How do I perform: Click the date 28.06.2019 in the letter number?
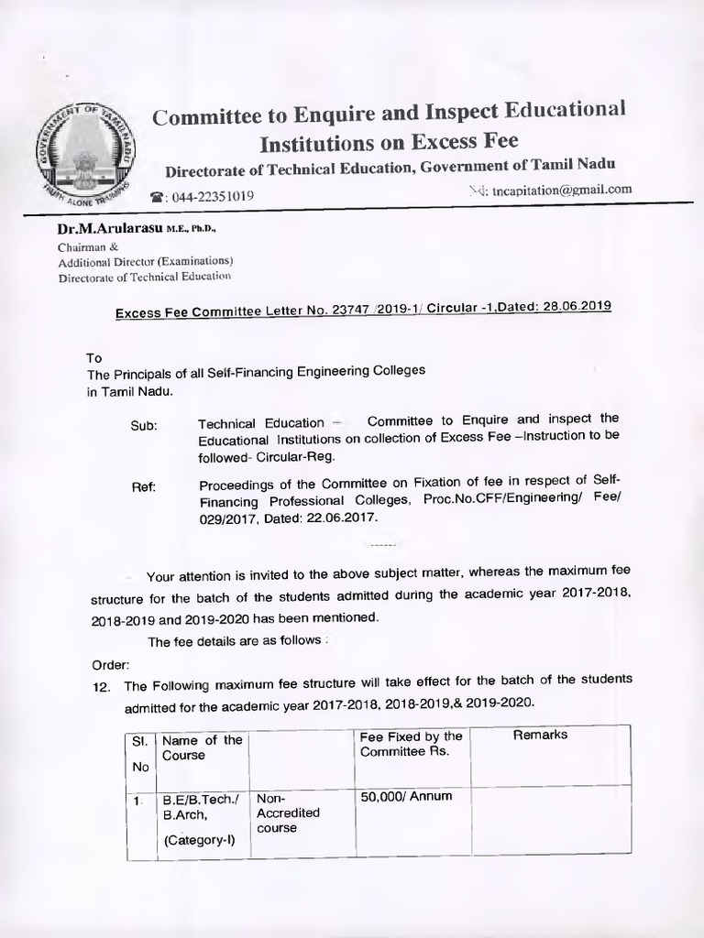tap(572, 308)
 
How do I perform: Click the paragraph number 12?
tap(102, 686)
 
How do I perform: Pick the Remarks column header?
tap(540, 735)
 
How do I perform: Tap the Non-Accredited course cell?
tap(288, 813)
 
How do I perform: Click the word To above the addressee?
tap(93, 358)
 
